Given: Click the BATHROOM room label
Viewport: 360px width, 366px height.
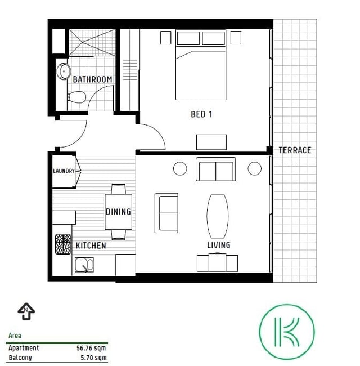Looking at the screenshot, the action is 92,79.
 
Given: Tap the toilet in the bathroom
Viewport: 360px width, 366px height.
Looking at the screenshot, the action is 76,97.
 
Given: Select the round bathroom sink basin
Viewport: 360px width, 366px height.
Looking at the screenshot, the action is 64,72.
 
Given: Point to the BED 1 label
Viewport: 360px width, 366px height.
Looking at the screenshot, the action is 201,114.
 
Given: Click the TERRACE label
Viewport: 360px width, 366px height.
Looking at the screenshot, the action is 295,150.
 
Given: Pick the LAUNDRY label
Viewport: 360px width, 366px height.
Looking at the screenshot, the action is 64,171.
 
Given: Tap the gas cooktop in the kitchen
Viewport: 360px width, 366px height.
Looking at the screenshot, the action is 63,244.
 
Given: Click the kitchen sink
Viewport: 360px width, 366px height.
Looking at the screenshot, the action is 84,265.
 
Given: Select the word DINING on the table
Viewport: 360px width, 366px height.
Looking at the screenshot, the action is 119,212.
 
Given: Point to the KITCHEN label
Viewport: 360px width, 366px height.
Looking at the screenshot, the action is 91,246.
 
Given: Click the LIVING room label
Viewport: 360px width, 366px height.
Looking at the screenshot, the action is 219,245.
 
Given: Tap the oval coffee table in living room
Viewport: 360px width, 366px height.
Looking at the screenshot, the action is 218,216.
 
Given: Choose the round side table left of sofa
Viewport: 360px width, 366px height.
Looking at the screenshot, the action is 180,168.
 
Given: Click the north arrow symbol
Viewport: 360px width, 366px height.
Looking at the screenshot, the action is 26,311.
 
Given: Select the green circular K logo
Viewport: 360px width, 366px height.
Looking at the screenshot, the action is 287,332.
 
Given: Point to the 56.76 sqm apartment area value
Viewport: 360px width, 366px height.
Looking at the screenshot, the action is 91,348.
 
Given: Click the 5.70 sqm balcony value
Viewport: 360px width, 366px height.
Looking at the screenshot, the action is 93,358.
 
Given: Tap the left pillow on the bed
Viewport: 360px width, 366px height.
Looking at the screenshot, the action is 188,38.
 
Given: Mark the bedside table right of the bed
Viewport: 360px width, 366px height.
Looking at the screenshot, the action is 236,38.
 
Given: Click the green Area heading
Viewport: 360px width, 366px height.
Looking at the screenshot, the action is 15,336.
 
